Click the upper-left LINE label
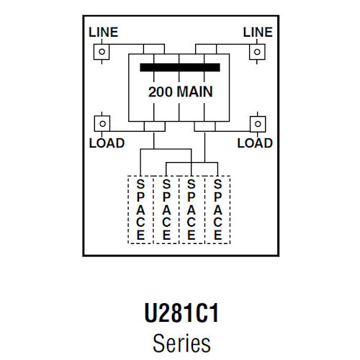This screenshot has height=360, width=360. coord(102,33)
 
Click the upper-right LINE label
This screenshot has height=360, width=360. coord(257,33)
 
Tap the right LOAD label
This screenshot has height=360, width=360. coord(255,143)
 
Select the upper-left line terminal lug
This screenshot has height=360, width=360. coord(102,53)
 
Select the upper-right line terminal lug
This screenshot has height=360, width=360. coord(256,53)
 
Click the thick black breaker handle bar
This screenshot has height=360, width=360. coord(179,68)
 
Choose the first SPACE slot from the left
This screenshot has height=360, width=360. coord(140,210)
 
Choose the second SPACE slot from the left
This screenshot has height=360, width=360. coord(166,210)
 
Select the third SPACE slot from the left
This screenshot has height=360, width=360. coord(192,210)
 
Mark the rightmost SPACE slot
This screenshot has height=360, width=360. coord(217,210)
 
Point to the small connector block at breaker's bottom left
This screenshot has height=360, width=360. coord(153,127)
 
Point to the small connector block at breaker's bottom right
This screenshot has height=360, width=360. coord(205,127)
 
